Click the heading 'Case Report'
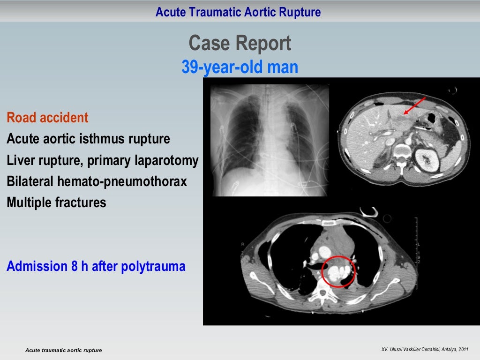pos(240,44)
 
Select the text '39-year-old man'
pos(240,67)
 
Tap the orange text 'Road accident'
pos(47,118)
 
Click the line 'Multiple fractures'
pos(56,203)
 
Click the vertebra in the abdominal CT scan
pos(402,152)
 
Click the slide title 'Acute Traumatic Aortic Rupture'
pos(238,12)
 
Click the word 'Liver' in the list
pos(19,161)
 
